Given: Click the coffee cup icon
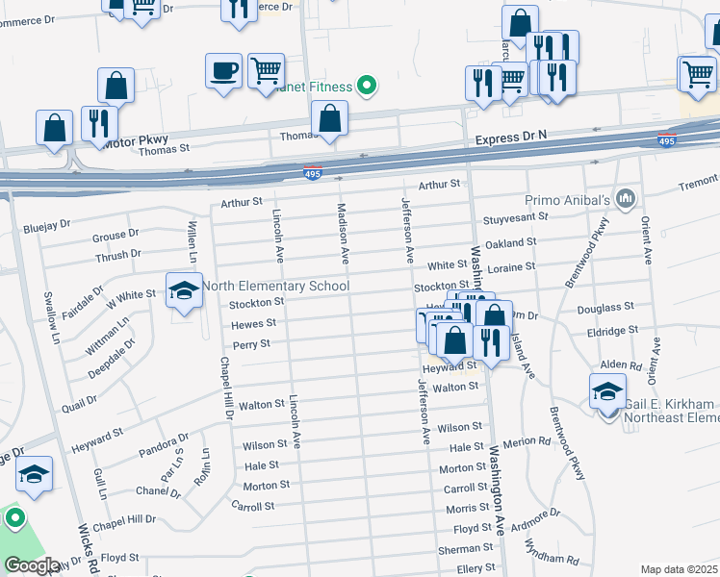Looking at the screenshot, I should tap(223, 71).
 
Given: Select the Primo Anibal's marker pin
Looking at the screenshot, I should tap(626, 199).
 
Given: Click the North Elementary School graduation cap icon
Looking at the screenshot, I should tap(184, 290).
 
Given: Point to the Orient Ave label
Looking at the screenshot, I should tap(647, 240).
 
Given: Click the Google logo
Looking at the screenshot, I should tap(31, 565).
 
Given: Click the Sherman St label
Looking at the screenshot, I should tap(466, 548).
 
